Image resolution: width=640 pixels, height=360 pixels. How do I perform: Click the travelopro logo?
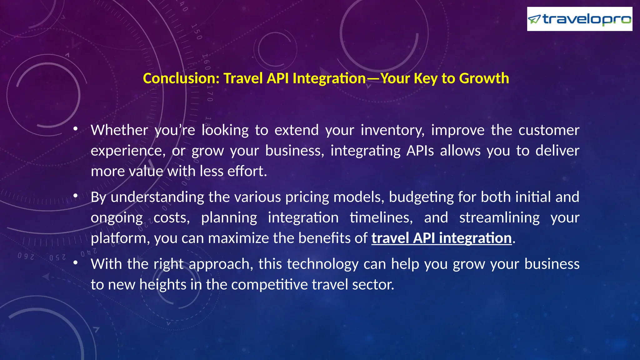pyautogui.click(x=579, y=19)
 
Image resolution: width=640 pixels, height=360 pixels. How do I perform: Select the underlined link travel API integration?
pyautogui.click(x=441, y=238)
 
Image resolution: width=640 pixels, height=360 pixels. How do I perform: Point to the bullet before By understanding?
pyautogui.click(x=75, y=196)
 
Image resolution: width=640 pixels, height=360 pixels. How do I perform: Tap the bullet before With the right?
pyautogui.click(x=75, y=263)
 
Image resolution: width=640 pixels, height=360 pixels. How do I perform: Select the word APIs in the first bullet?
pyautogui.click(x=420, y=151)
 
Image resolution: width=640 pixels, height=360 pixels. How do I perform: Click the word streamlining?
pyautogui.click(x=499, y=218)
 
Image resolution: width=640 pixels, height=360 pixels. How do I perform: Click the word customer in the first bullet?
pyautogui.click(x=549, y=130)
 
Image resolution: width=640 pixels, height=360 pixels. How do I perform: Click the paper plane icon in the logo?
pyautogui.click(x=534, y=19)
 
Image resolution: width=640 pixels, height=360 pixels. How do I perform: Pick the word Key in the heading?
pyautogui.click(x=425, y=78)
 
